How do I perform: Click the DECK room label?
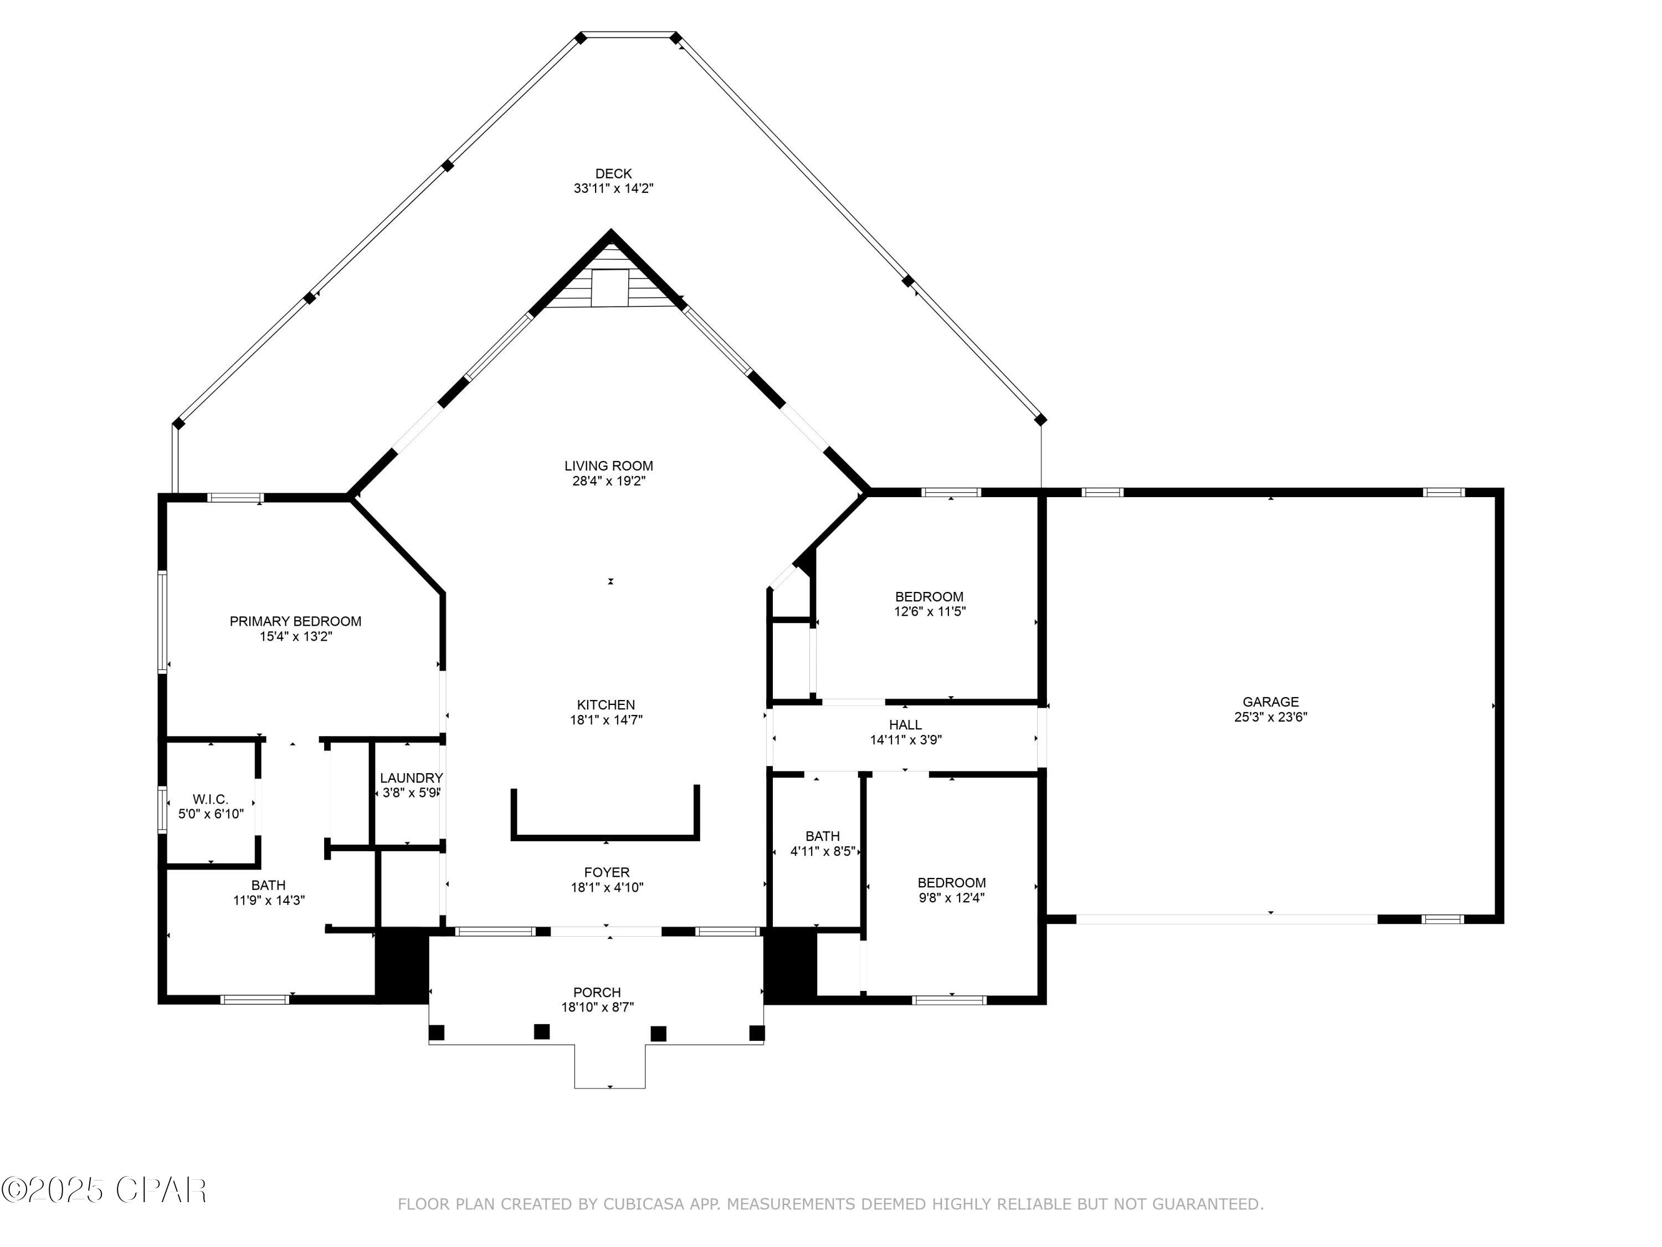(x=613, y=173)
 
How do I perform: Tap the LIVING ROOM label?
(x=609, y=466)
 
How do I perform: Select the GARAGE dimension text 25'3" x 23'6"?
(x=1270, y=717)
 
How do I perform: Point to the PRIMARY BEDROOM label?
(x=295, y=622)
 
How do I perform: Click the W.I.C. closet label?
(x=211, y=799)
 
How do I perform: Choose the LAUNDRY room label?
(x=411, y=778)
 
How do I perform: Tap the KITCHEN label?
(x=606, y=705)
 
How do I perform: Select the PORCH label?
(x=597, y=993)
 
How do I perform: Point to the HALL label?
(x=905, y=725)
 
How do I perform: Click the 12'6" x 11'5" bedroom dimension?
(x=930, y=612)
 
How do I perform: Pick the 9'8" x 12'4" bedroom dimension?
(x=951, y=897)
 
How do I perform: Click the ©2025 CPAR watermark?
(x=105, y=1190)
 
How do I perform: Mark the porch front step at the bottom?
(x=610, y=1066)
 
